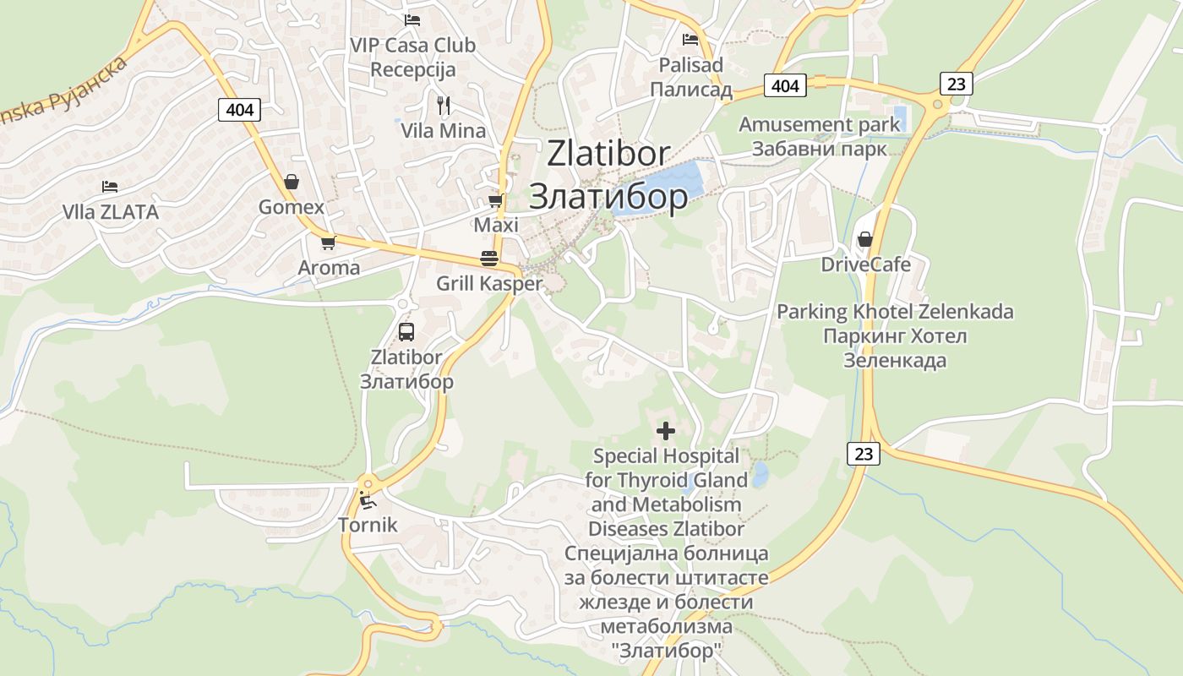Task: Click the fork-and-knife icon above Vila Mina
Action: click(x=444, y=105)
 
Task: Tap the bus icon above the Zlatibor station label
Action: click(x=406, y=331)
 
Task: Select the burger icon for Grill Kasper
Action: click(x=489, y=259)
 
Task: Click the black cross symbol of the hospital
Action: click(x=666, y=431)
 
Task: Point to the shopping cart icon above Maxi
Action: click(x=496, y=201)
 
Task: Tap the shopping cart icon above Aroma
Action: click(x=329, y=243)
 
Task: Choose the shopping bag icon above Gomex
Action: click(x=292, y=182)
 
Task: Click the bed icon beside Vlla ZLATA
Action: click(x=109, y=186)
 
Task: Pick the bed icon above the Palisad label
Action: click(x=690, y=39)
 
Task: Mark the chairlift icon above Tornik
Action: click(x=368, y=500)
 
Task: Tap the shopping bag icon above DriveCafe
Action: click(x=865, y=240)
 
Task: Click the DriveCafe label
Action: click(x=866, y=264)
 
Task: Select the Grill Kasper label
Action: click(x=489, y=283)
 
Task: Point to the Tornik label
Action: click(x=368, y=525)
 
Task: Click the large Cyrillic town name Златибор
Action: click(x=608, y=196)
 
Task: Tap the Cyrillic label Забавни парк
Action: click(x=820, y=150)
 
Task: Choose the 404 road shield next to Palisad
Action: click(x=785, y=85)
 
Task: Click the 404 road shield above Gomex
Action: click(x=239, y=109)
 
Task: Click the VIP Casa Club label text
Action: click(x=413, y=45)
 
